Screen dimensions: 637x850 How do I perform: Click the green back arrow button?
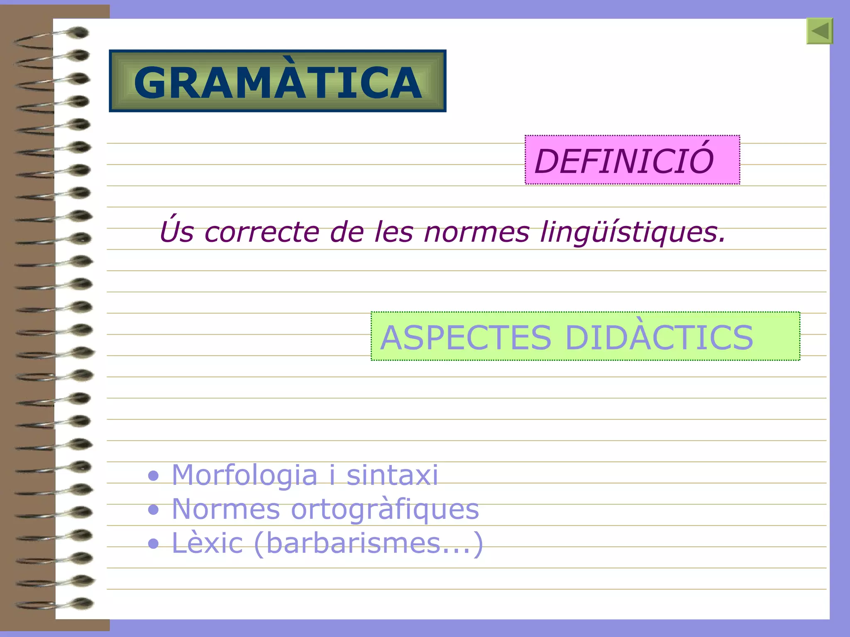pyautogui.click(x=819, y=31)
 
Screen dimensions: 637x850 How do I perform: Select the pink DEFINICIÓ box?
pyautogui.click(x=632, y=160)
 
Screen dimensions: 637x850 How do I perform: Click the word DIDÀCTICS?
pyautogui.click(x=659, y=336)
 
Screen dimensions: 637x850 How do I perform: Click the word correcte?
pyautogui.click(x=261, y=232)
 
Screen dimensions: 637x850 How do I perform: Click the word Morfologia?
pyautogui.click(x=244, y=475)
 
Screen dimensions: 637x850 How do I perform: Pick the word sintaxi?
pyautogui.click(x=392, y=475)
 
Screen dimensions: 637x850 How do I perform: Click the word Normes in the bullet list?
pyautogui.click(x=226, y=509)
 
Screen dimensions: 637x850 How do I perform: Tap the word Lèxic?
pyautogui.click(x=207, y=543)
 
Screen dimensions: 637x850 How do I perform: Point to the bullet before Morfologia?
pyautogui.click(x=154, y=476)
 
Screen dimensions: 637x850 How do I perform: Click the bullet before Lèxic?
pyautogui.click(x=154, y=544)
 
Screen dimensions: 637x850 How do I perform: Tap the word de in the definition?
pyautogui.click(x=347, y=232)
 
